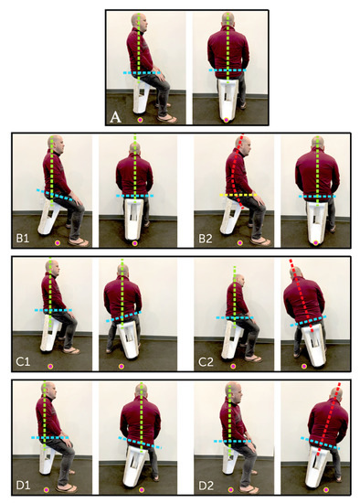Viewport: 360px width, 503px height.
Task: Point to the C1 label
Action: click(x=23, y=362)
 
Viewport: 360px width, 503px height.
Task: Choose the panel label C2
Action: click(x=206, y=362)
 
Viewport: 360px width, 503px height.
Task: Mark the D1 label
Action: click(x=23, y=485)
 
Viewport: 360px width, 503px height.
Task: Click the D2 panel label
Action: click(x=206, y=485)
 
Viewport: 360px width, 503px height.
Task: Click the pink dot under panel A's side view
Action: click(x=140, y=120)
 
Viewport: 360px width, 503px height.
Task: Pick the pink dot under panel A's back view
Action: click(x=226, y=120)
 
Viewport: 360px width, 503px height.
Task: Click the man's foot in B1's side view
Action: click(x=79, y=241)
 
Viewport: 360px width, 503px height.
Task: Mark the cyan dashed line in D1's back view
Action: click(x=140, y=439)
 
